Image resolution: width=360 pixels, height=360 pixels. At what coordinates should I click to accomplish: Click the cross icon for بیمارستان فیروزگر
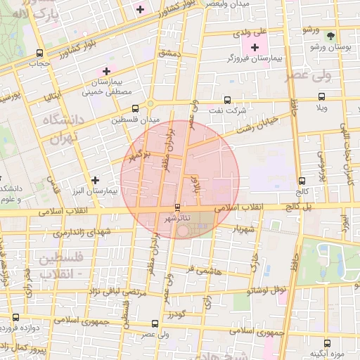[x=255, y=47]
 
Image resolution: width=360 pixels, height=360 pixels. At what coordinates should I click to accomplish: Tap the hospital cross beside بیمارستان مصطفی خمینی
[x=106, y=71]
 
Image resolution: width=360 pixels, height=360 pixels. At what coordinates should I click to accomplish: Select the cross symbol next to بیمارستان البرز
[x=95, y=180]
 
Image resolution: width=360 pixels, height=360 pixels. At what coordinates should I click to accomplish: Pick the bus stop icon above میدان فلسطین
[x=135, y=108]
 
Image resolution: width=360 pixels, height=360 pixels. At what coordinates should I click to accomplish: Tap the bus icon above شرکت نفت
[x=226, y=100]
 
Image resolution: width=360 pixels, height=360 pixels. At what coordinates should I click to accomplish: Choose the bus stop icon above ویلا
[x=321, y=97]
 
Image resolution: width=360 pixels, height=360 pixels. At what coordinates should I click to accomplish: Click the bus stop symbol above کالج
[x=302, y=181]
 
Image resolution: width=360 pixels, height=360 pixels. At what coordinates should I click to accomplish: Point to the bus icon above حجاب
[x=39, y=53]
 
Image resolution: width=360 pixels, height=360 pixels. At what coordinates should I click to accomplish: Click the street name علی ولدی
[x=254, y=32]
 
